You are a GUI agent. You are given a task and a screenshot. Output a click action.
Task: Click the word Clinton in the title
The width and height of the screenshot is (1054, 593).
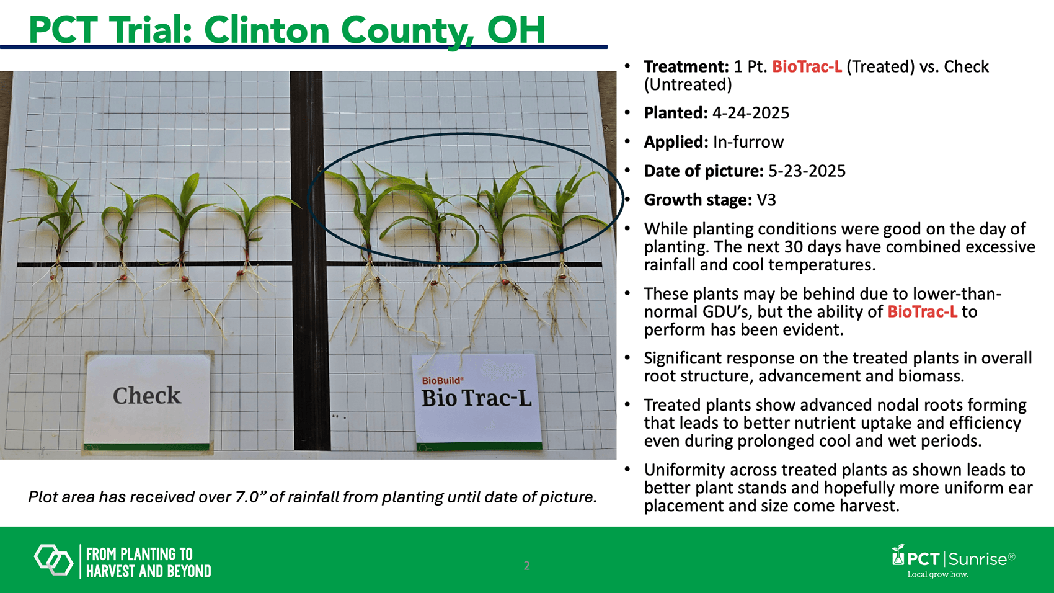267,30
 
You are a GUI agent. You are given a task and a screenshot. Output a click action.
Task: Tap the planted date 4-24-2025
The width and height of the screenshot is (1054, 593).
750,113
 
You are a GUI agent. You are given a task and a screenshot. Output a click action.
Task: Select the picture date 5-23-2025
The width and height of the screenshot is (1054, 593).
807,171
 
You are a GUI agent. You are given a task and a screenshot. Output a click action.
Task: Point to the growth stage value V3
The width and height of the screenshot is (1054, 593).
766,200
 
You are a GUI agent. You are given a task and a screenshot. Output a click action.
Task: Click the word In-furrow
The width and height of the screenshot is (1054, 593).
748,142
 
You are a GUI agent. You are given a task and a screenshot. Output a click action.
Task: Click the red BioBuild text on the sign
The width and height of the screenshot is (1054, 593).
442,380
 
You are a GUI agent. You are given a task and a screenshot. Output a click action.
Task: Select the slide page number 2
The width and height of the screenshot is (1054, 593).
526,565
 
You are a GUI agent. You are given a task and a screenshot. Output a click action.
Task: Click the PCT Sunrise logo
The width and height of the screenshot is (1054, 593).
954,561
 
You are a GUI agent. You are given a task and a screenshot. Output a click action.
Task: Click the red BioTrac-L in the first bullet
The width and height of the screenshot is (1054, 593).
807,67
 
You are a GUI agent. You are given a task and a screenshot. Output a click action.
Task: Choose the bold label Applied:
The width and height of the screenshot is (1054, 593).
676,142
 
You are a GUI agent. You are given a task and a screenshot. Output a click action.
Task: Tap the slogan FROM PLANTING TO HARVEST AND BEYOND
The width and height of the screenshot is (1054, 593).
148,563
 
